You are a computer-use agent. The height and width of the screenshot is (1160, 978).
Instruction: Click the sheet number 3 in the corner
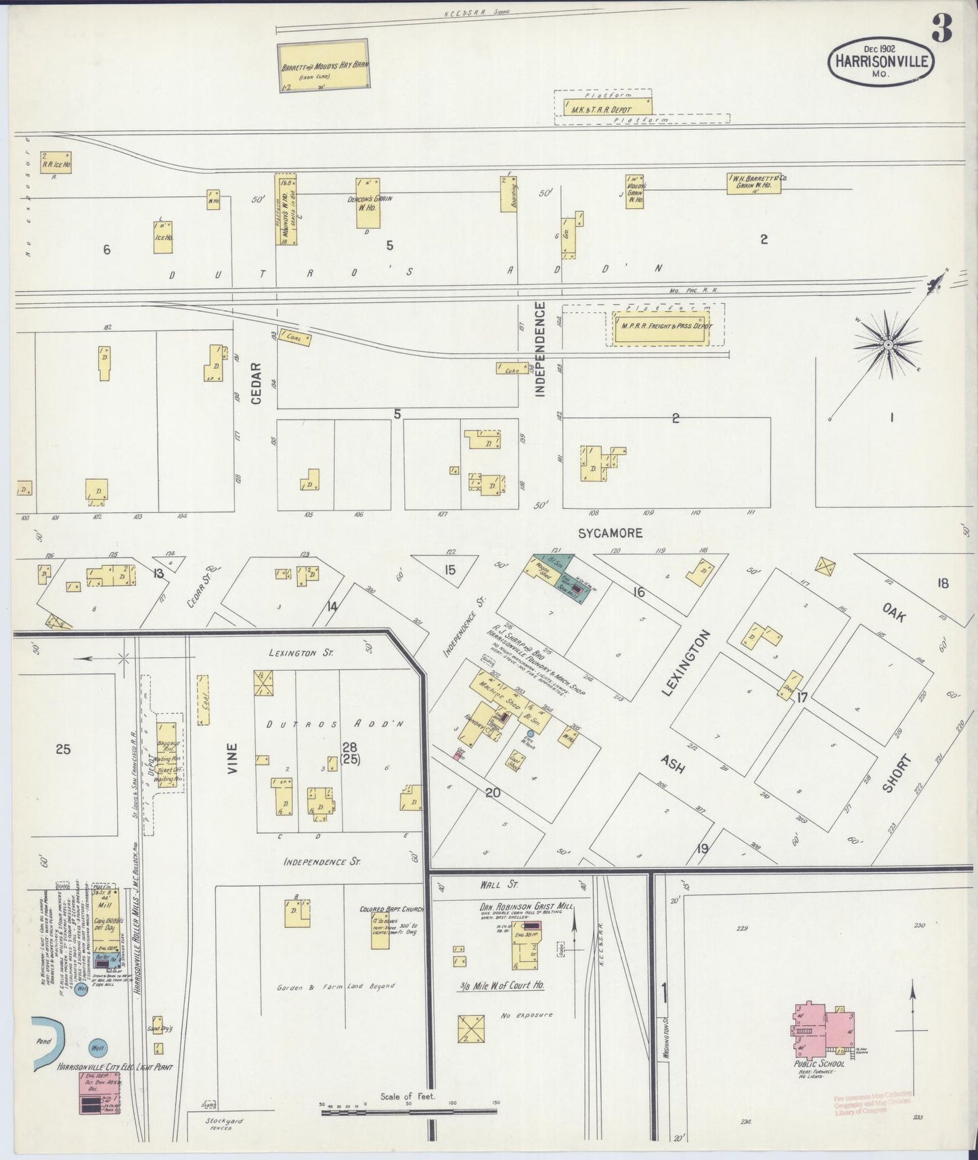[x=941, y=28]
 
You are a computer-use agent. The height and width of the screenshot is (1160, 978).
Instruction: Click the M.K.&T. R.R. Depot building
[x=602, y=107]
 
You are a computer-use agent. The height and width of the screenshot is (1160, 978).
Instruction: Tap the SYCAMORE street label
[x=610, y=533]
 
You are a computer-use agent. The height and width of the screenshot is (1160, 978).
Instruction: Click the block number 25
[x=63, y=749]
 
